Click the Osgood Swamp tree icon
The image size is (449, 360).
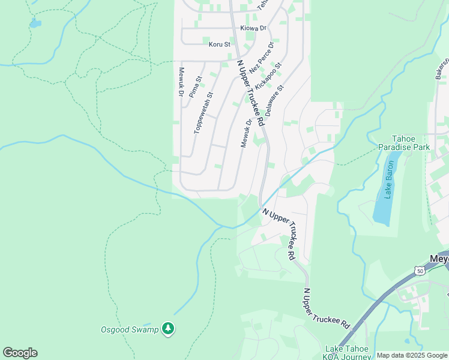[x=169, y=328]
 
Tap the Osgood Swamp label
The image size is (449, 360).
[x=130, y=329]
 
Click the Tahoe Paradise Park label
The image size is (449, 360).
[x=403, y=142]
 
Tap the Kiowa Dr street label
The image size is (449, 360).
[x=253, y=28]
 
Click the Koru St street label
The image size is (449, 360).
[x=219, y=44]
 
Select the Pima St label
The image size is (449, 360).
[x=196, y=87]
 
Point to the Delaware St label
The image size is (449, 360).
[x=274, y=100]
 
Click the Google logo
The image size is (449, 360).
[x=20, y=353]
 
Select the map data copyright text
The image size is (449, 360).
[x=411, y=355]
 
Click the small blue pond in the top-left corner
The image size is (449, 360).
[x=35, y=23]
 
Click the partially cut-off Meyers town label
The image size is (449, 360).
[x=439, y=260]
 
